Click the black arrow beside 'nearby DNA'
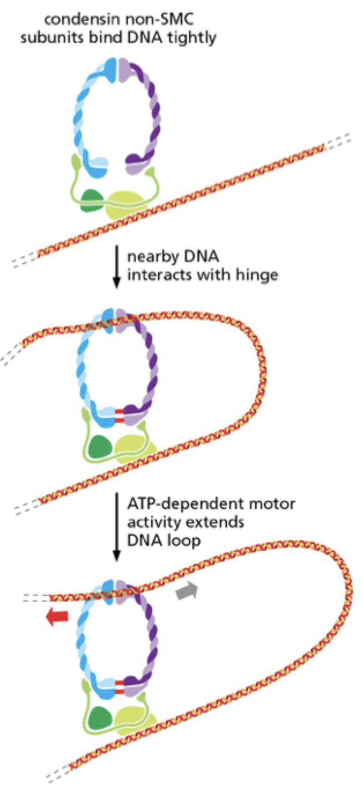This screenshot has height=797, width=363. coord(116,266)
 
